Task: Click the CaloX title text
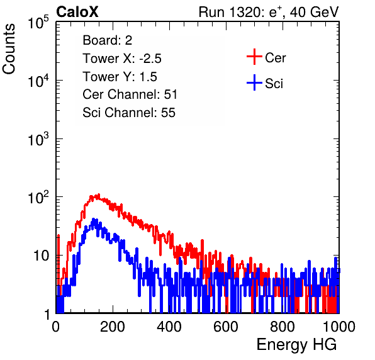tap(77, 12)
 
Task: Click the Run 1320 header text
tap(269, 12)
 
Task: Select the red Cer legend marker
tap(254, 57)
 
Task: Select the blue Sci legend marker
tap(254, 82)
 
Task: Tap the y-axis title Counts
tap(9, 49)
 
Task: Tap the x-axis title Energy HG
tap(296, 345)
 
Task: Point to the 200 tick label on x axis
tap(113, 327)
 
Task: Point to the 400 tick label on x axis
tap(169, 327)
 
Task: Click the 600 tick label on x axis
tap(226, 327)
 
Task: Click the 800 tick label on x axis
tap(283, 327)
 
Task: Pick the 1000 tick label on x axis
tap(339, 327)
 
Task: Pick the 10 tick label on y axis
tap(42, 256)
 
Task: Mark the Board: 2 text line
tap(108, 40)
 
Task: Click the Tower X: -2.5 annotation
tap(122, 59)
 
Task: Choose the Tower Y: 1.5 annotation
tap(120, 77)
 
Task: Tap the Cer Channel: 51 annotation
tap(130, 94)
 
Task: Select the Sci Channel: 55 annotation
tap(129, 113)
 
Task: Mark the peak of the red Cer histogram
tap(99, 194)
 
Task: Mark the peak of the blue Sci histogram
tap(94, 218)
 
